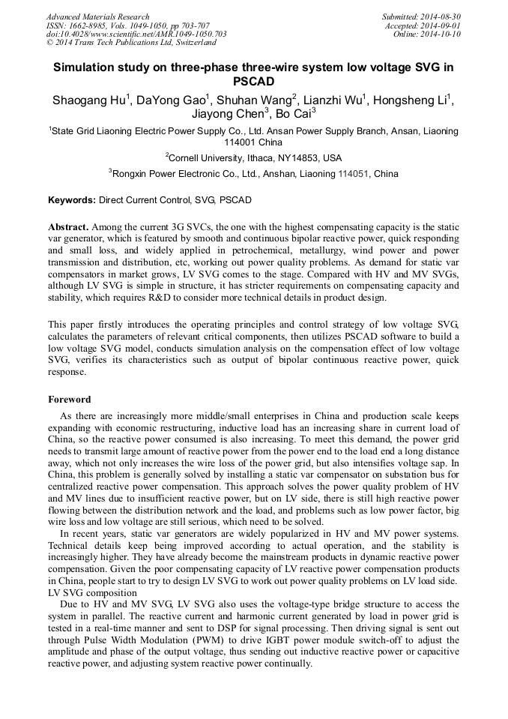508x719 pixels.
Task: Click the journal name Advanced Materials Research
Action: pos(97,16)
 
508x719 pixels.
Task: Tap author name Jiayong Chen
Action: pos(228,114)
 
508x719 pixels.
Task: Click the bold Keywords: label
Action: pos(72,200)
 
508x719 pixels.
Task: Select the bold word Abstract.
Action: pos(68,226)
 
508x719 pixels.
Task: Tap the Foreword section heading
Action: pos(69,400)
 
